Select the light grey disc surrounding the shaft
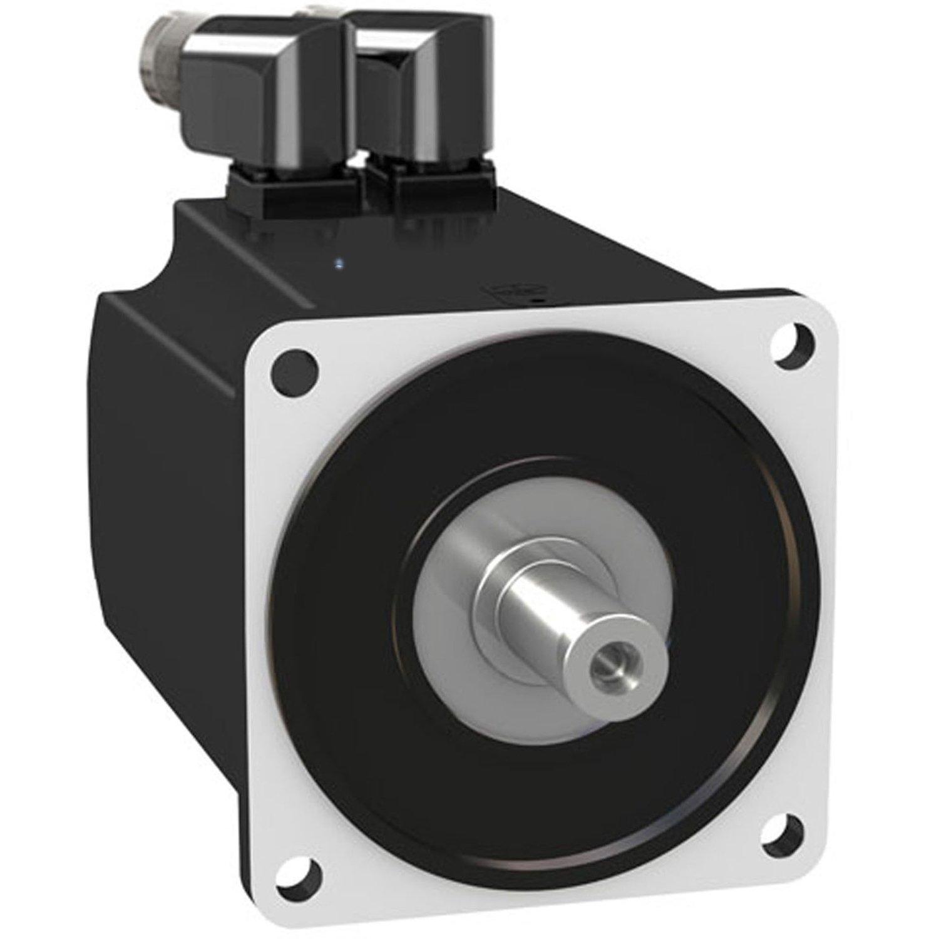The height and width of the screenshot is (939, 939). (x=451, y=601)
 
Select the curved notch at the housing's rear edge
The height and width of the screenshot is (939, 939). (x=147, y=275)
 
